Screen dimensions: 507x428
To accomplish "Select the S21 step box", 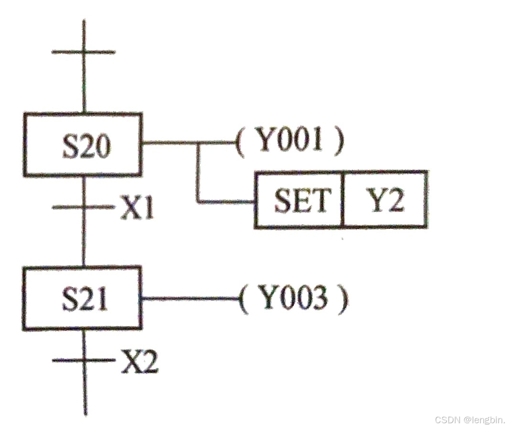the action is [83, 298].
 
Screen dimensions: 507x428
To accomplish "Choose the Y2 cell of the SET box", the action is [385, 199].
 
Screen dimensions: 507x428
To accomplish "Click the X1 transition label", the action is [138, 209].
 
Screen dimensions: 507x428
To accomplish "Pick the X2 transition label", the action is [139, 362].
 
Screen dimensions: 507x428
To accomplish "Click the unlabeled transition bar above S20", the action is [83, 51].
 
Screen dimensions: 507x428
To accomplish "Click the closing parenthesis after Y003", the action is [342, 299].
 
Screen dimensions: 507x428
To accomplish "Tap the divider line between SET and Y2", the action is [343, 199].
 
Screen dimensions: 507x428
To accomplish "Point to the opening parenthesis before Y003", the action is [244, 299].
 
